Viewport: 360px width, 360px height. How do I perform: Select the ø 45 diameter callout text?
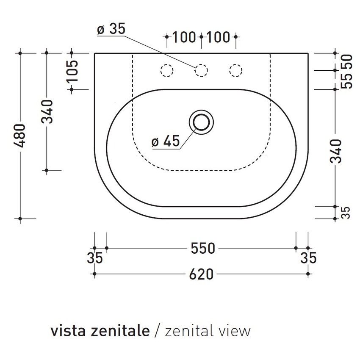coord(166,141)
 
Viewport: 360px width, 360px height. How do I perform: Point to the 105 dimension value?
coord(72,71)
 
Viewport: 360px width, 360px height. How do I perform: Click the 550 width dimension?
coord(203,248)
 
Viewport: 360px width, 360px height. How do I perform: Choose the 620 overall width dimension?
coord(201,274)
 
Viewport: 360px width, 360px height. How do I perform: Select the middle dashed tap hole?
coord(201,70)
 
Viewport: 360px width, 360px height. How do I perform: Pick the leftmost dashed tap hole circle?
coord(166,70)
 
